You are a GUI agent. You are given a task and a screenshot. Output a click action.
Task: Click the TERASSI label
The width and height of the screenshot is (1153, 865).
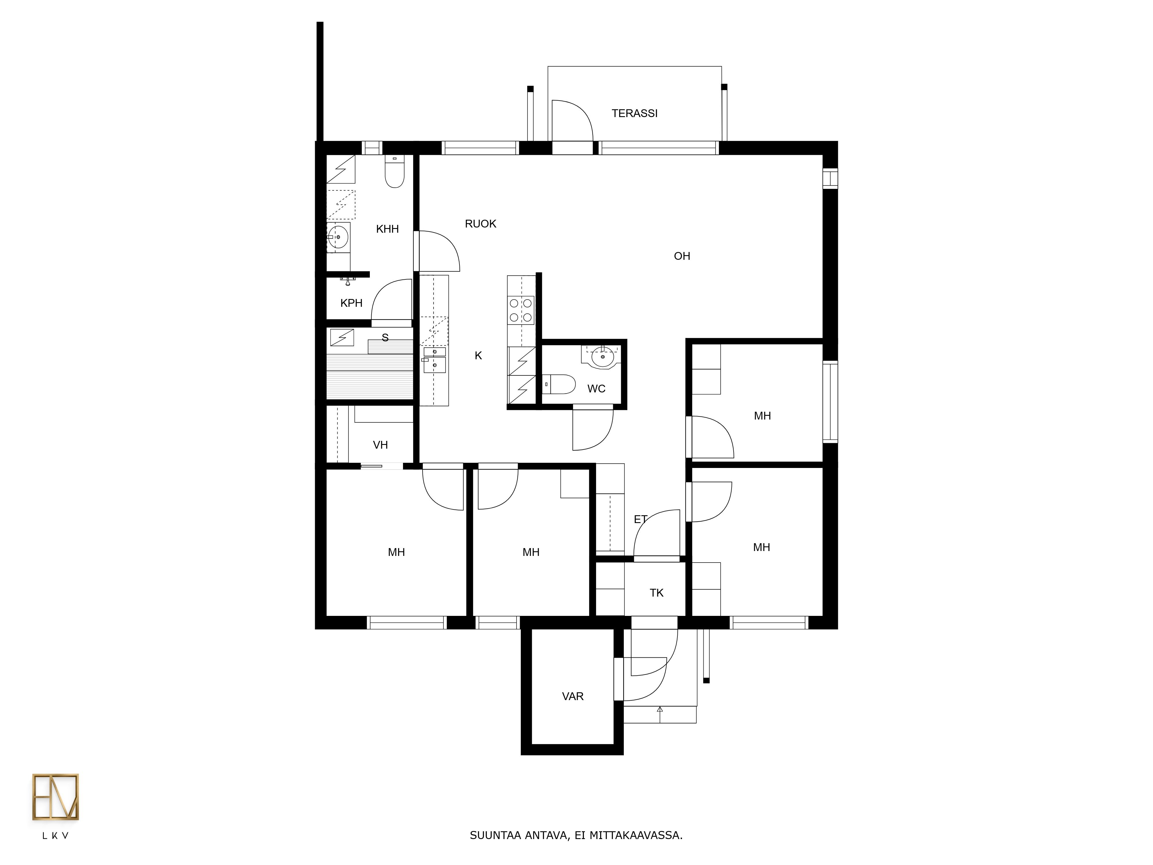634,113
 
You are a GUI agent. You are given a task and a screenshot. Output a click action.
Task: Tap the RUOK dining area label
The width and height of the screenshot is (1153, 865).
481,224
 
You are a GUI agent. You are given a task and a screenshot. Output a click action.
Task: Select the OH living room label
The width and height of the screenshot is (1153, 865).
682,256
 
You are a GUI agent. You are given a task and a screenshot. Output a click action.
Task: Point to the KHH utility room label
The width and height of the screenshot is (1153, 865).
387,229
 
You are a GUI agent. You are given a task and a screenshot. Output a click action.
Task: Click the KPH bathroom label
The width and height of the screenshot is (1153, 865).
351,303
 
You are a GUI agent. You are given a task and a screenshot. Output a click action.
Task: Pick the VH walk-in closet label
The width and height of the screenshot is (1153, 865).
380,445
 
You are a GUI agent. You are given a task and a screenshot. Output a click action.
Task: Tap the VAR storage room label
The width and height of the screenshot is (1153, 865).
573,696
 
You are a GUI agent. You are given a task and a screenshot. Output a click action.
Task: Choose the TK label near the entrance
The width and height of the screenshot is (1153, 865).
657,593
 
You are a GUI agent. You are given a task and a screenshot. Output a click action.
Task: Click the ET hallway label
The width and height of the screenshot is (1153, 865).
640,519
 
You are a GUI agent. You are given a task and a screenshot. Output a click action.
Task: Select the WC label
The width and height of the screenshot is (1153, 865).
596,388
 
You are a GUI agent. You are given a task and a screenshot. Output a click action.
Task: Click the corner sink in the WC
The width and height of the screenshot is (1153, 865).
602,357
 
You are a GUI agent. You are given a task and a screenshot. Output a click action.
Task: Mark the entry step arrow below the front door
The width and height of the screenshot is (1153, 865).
660,714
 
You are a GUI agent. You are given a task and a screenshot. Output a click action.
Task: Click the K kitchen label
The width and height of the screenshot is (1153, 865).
478,356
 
